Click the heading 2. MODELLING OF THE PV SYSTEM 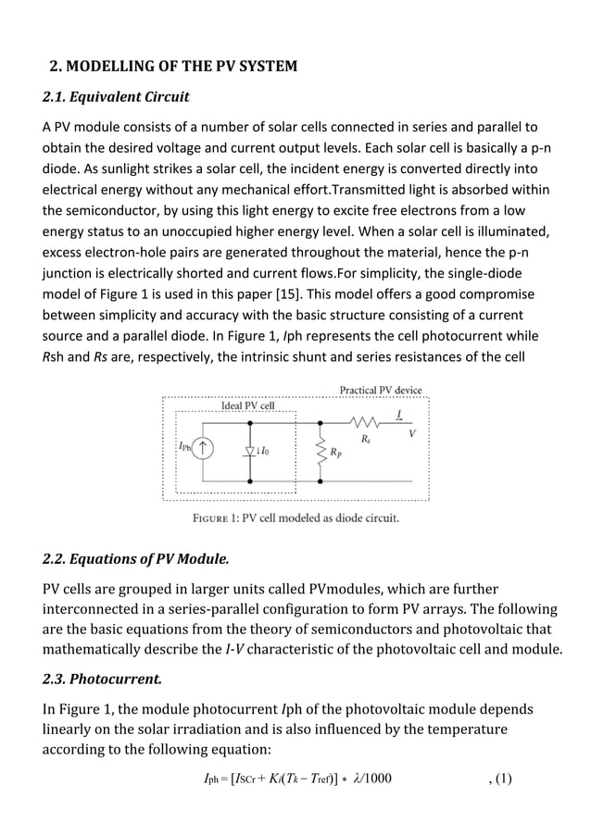(172, 66)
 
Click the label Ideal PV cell (247, 405)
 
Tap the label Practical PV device (380, 390)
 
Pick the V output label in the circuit (411, 433)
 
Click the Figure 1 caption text (295, 517)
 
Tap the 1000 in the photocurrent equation (374, 779)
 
